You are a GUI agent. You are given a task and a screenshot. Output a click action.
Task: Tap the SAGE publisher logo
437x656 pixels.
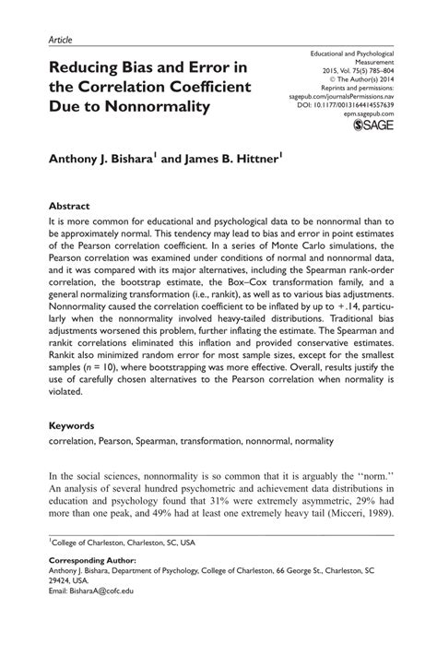(x=372, y=129)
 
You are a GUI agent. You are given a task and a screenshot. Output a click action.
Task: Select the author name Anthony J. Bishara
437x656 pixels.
(x=113, y=159)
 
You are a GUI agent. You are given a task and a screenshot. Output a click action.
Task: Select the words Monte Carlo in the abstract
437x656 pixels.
(x=276, y=247)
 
